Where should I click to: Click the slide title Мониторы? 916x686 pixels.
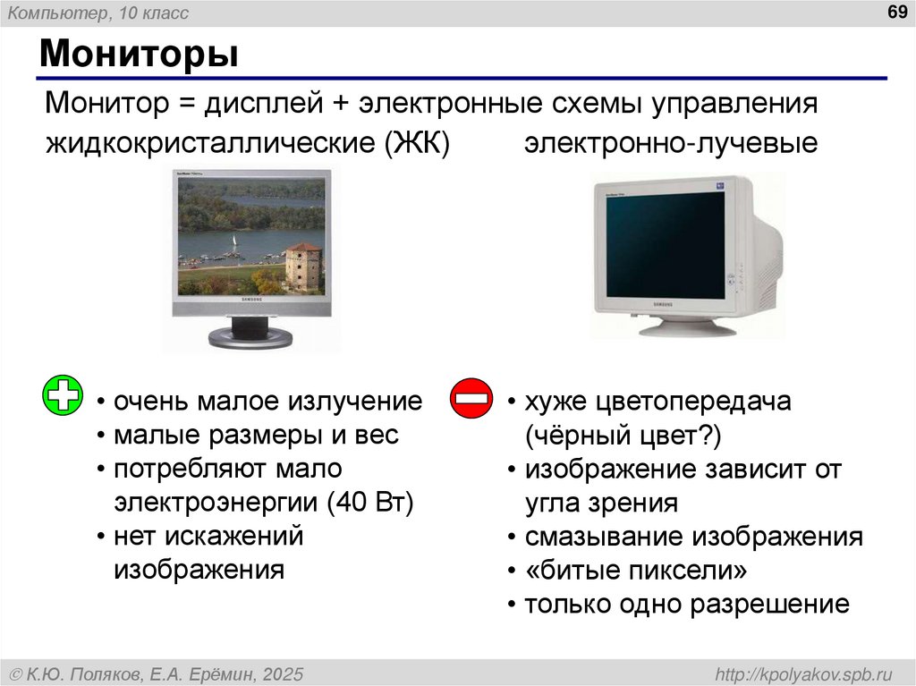139,55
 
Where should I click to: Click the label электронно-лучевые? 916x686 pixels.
671,143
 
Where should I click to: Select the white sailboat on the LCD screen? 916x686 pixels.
234,243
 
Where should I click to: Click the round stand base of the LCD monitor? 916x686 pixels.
250,337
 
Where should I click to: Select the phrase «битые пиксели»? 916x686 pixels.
635,571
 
